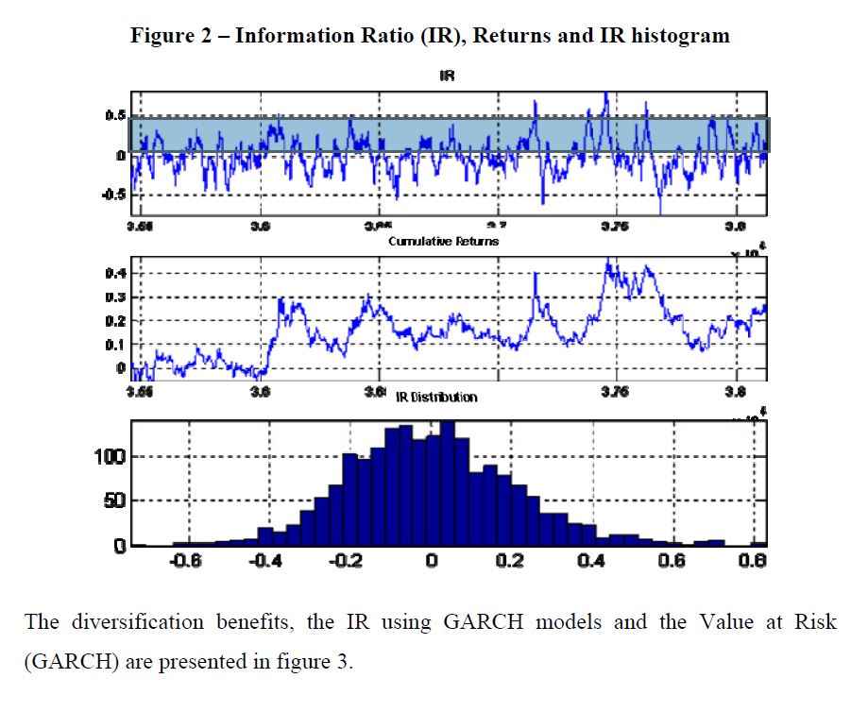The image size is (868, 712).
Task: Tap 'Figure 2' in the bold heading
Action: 171,36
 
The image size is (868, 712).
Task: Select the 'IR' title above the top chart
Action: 448,76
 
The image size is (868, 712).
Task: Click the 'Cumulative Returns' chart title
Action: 443,242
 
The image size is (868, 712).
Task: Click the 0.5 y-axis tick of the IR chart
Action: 115,115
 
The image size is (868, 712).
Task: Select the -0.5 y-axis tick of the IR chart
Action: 112,195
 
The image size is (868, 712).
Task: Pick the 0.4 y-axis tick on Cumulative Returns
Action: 115,274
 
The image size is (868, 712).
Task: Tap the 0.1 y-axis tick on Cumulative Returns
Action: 115,345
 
